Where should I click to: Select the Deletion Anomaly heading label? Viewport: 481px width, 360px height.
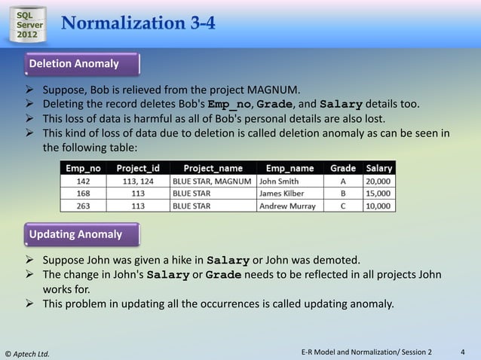tap(74, 64)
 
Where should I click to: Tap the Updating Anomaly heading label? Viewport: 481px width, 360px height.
tap(75, 234)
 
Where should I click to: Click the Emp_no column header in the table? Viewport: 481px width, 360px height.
tap(84, 168)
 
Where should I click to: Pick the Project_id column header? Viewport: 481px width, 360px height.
tap(138, 168)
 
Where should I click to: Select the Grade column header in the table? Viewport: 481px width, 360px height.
tap(343, 168)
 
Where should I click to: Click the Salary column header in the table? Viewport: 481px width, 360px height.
tap(378, 168)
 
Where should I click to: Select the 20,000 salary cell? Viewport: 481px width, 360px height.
tap(378, 181)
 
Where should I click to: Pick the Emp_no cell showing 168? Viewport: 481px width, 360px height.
tap(84, 193)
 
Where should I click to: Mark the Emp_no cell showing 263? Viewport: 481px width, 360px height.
tap(84, 205)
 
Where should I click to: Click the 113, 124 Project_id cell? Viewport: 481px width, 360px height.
tap(138, 181)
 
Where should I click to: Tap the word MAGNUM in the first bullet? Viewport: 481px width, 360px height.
tap(274, 88)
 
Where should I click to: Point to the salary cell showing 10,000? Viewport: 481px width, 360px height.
tap(378, 205)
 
